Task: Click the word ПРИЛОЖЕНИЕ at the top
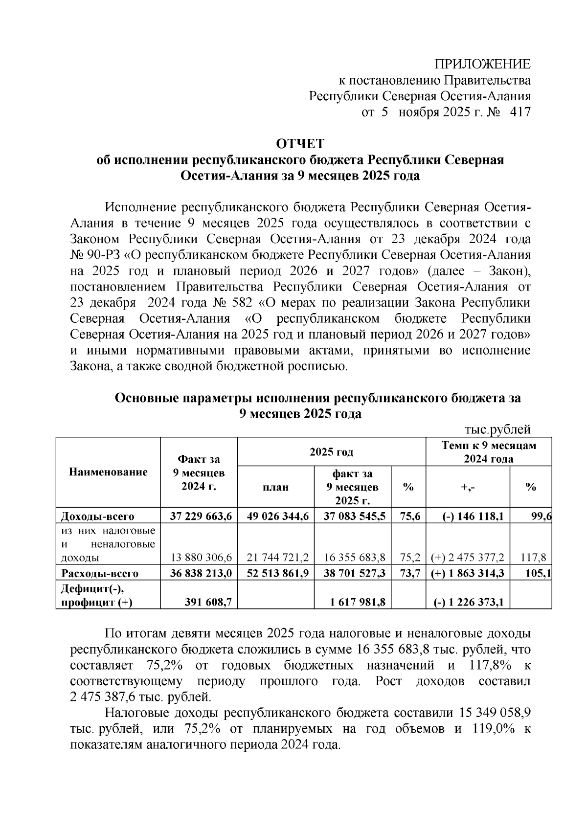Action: coord(482,64)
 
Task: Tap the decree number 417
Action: coord(519,112)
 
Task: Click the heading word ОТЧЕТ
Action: coord(300,144)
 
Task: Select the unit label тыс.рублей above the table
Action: coord(497,429)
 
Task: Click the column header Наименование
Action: coord(108,472)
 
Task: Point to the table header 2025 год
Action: coord(331,452)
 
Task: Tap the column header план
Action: coord(275,487)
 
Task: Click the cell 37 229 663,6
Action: coord(201,516)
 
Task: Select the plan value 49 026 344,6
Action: coord(278,516)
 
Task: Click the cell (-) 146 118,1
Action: coord(469,516)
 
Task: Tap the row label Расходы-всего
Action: coord(99,573)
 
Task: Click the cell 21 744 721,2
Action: coord(278,557)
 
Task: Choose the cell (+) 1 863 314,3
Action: coord(468,573)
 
